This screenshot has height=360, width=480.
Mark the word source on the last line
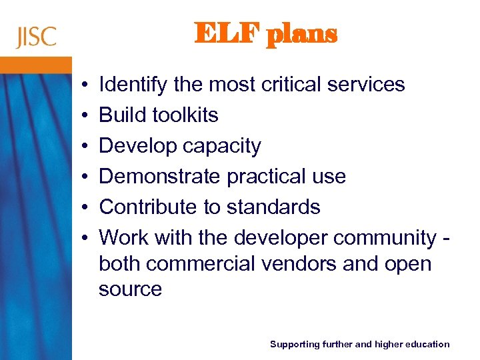click(130, 289)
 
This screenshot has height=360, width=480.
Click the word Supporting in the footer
click(293, 344)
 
